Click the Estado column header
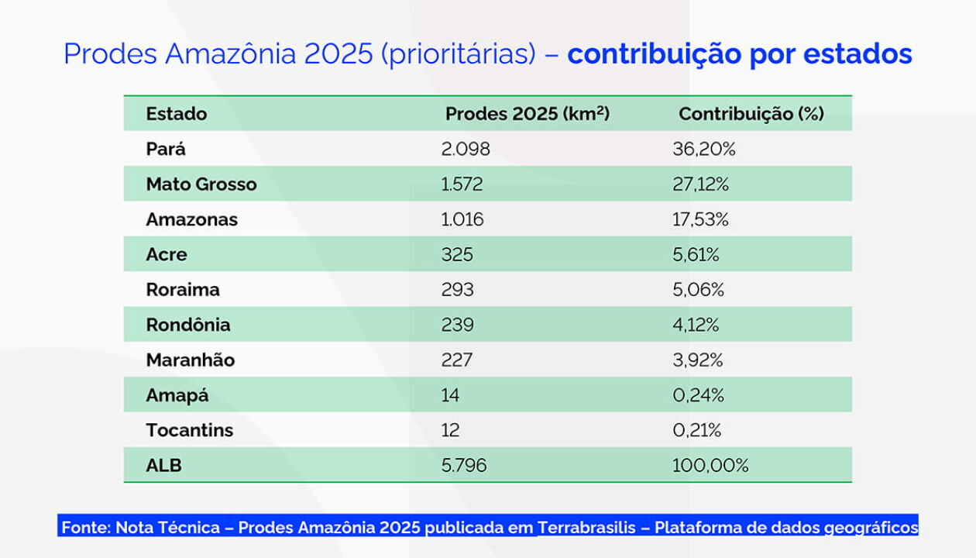(177, 114)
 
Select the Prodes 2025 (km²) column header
(528, 114)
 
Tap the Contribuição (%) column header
(751, 114)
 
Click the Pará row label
(166, 149)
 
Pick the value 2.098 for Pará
(466, 149)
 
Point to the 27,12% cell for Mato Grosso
(700, 184)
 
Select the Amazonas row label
(191, 219)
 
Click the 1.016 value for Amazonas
(462, 219)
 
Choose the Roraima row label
(183, 290)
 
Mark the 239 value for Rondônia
(457, 325)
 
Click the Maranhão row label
(190, 360)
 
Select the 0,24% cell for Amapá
(698, 395)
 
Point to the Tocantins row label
(189, 430)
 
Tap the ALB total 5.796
(464, 466)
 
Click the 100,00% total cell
(710, 466)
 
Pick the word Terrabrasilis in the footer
(586, 528)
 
